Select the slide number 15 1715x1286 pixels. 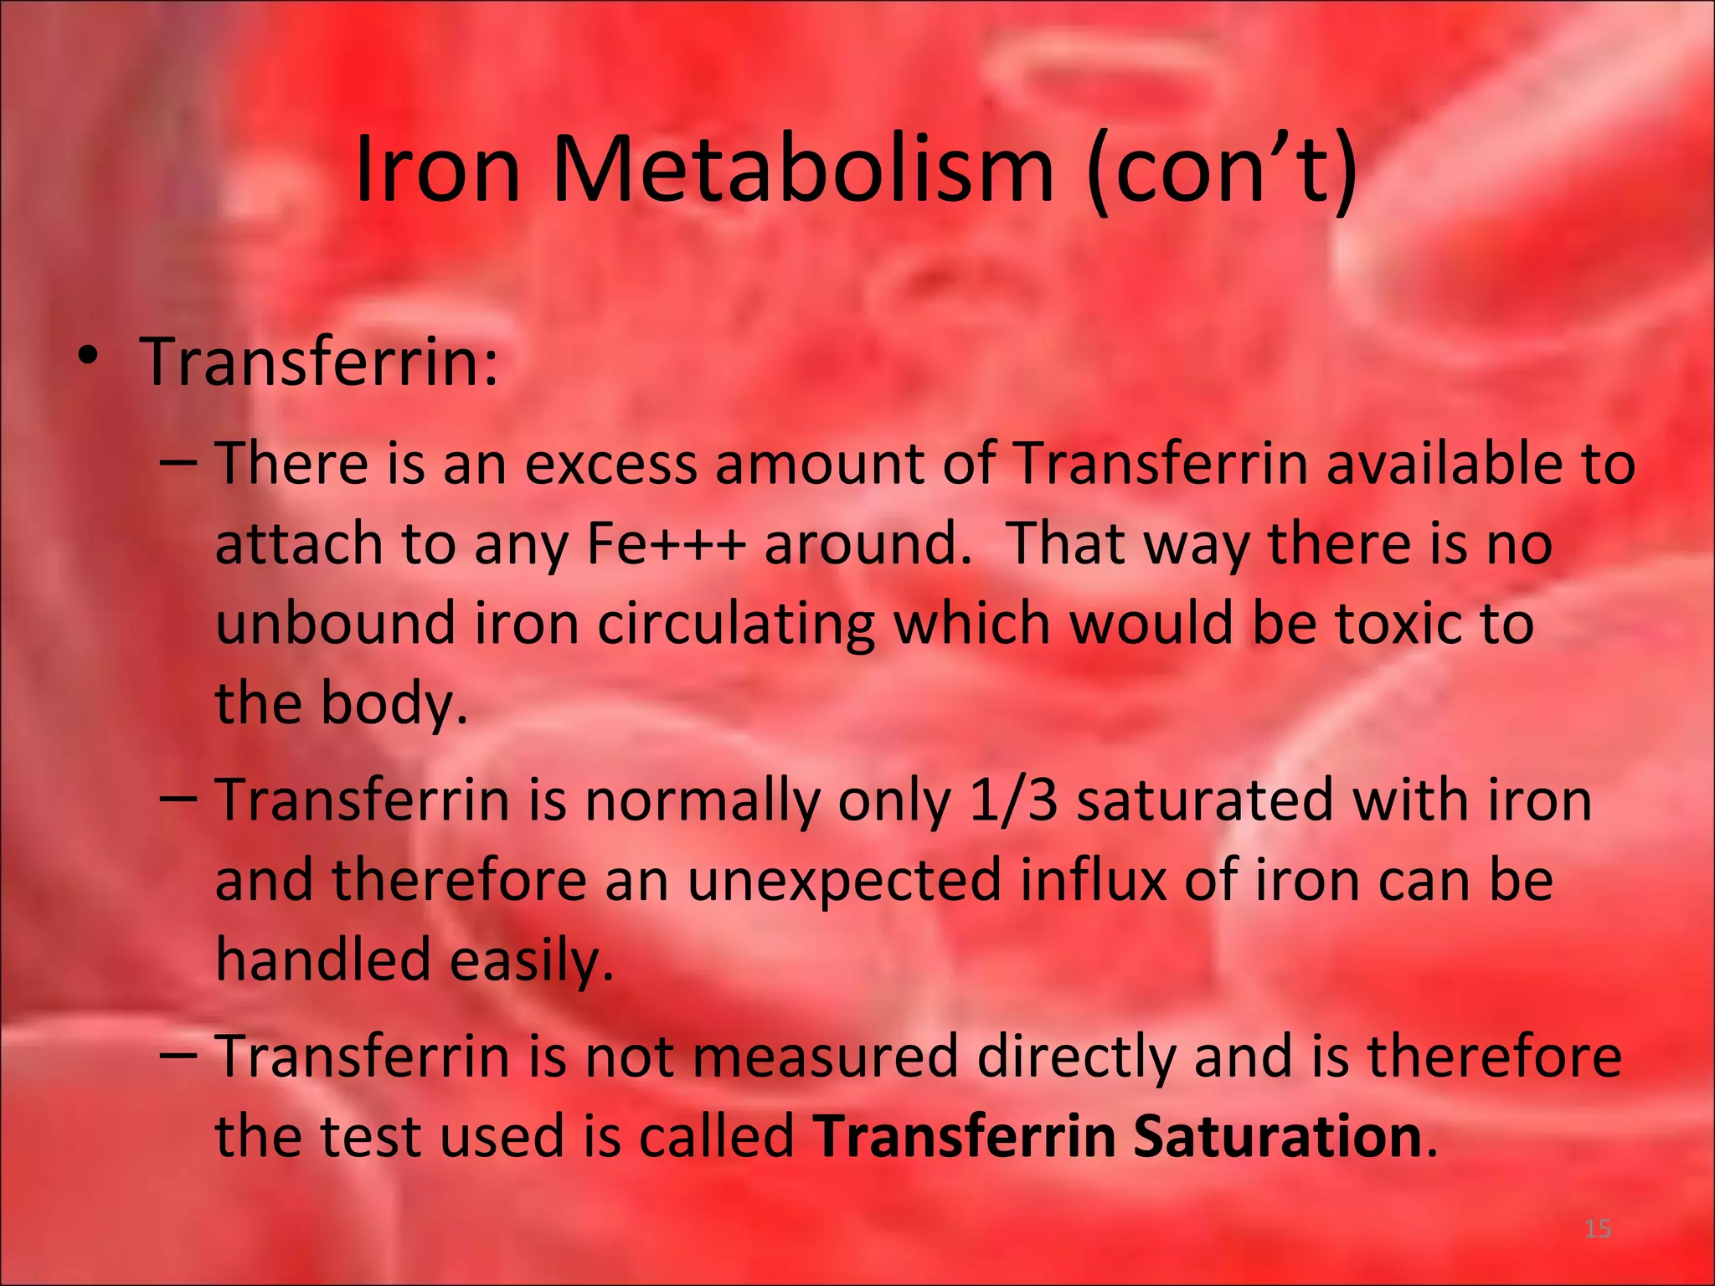(x=1598, y=1229)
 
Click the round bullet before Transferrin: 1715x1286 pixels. (x=87, y=358)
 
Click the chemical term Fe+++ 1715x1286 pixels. (x=666, y=544)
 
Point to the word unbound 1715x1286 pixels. (x=335, y=624)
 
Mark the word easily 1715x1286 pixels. (x=531, y=959)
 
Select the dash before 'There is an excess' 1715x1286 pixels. (x=178, y=463)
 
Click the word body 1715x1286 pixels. (x=394, y=704)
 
